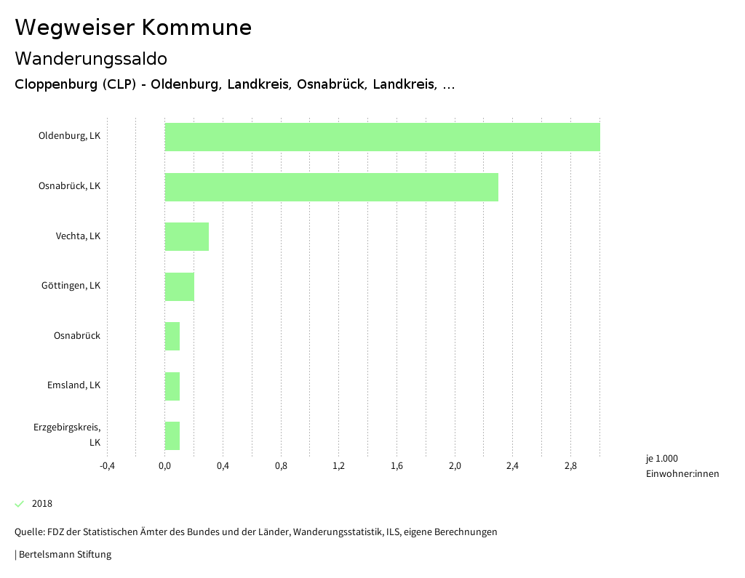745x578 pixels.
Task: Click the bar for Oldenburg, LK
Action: (382, 137)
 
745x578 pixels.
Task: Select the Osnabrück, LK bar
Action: (331, 187)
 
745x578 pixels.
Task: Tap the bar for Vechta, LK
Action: (187, 236)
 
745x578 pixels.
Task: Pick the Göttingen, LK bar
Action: (180, 286)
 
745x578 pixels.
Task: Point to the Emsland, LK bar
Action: (172, 386)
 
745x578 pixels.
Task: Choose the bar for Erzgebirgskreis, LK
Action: (172, 435)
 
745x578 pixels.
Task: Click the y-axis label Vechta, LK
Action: (78, 236)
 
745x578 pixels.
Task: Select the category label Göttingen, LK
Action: (71, 286)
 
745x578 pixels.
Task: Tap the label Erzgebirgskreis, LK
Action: (67, 434)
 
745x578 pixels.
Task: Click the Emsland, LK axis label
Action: (73, 385)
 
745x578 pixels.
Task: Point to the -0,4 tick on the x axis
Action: (107, 466)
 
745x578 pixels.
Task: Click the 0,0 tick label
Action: (165, 466)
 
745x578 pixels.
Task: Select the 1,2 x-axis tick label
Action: (338, 466)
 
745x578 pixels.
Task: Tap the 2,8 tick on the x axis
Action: (570, 466)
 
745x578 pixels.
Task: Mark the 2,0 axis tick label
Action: (455, 466)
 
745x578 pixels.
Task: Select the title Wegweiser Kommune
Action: (133, 28)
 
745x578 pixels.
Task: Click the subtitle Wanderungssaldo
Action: (91, 58)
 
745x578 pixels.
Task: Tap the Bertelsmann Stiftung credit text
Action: (64, 555)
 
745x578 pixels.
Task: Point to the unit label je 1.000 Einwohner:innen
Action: (682, 466)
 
